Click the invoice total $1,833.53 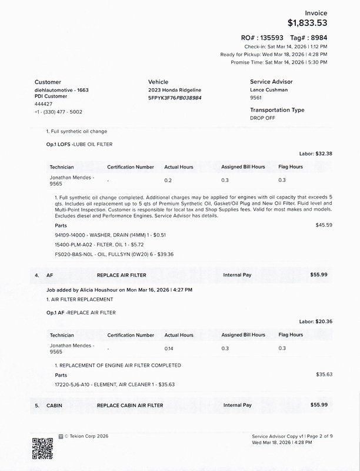pos(307,23)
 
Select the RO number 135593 pos(271,37)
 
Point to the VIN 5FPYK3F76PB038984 pos(175,97)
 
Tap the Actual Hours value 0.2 pos(168,180)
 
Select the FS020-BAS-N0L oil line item pos(111,254)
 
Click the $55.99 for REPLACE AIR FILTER pos(319,274)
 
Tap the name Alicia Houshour pos(89,290)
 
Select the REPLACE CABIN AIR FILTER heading pos(130,405)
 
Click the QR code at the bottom pos(42,449)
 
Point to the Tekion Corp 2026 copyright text pos(86,436)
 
